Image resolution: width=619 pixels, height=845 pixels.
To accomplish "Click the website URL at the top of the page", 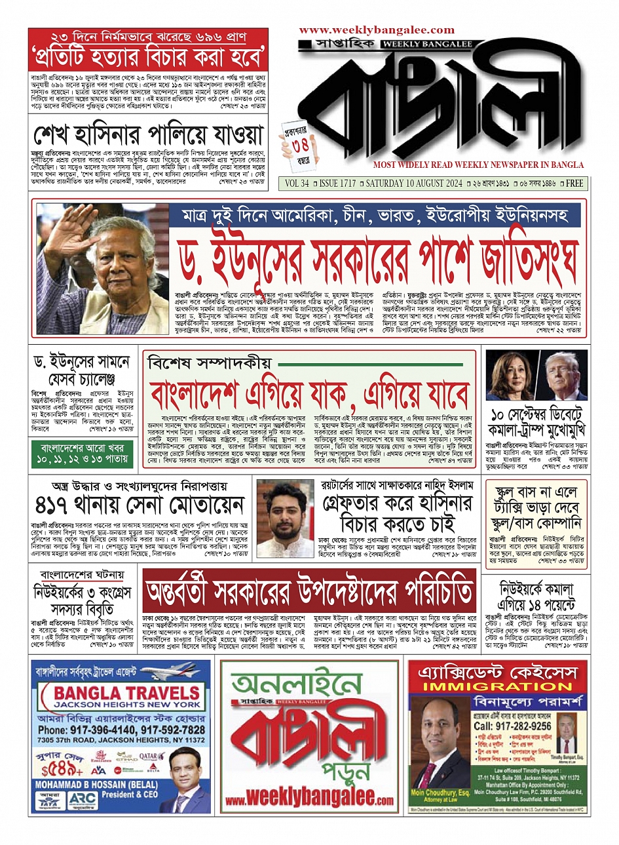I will tap(376, 30).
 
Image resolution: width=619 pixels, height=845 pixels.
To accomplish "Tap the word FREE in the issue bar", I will tap(574, 184).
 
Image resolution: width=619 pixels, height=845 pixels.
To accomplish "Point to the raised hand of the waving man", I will tap(60, 227).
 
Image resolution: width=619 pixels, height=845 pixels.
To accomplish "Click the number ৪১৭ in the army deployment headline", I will tap(58, 505).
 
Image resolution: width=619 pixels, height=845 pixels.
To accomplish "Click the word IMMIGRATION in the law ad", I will tap(497, 686).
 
